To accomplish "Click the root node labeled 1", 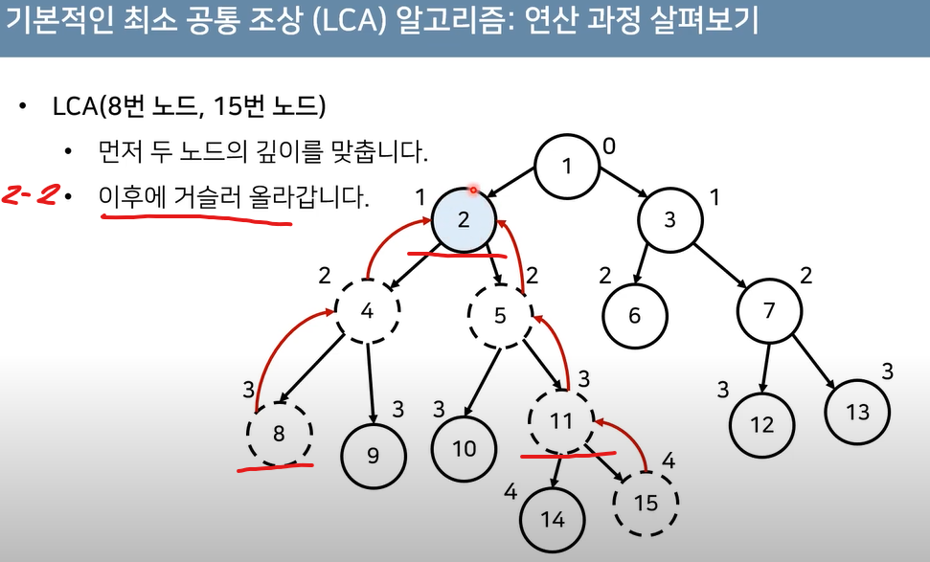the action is (x=567, y=167).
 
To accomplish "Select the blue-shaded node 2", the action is (x=464, y=219).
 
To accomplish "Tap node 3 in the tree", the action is (x=670, y=219).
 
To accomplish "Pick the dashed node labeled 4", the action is (x=368, y=312).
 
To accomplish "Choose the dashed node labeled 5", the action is (x=500, y=313).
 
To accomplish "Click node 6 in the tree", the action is (x=635, y=315).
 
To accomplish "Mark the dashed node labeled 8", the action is (x=280, y=433).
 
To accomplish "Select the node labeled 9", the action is (x=374, y=456).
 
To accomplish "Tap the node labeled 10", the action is (x=465, y=447).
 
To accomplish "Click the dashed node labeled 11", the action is (x=561, y=420).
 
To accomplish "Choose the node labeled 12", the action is (x=762, y=425).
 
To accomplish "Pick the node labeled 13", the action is (x=858, y=412).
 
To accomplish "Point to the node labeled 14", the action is (x=554, y=519).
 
